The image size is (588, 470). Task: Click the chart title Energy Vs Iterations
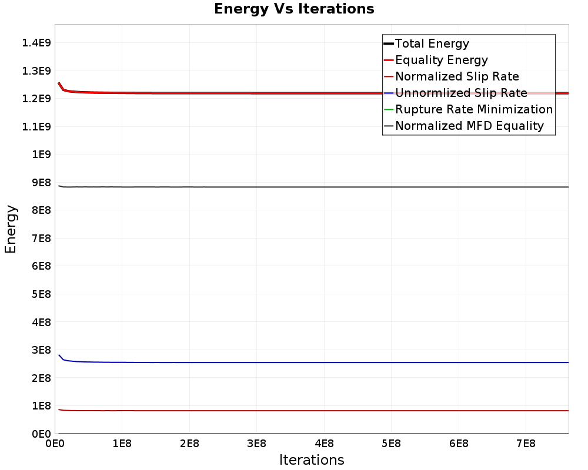click(294, 9)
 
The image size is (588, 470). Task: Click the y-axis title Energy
click(11, 229)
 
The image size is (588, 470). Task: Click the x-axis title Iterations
click(312, 459)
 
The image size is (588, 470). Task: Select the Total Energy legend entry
click(432, 43)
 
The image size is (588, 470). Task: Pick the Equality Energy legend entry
click(442, 60)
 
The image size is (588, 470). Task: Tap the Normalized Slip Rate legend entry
click(457, 76)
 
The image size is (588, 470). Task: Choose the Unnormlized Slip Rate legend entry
click(461, 93)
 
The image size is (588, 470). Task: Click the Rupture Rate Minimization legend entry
click(474, 109)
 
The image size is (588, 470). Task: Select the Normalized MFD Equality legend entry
click(469, 126)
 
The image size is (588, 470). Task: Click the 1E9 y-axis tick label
click(38, 154)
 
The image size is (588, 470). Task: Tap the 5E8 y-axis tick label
click(38, 294)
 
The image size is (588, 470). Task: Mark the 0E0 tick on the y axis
click(38, 434)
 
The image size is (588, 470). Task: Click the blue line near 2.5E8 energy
click(294, 362)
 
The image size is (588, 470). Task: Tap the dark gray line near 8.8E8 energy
click(294, 187)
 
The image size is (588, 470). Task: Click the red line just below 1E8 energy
click(294, 411)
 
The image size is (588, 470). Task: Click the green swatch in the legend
click(388, 109)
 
